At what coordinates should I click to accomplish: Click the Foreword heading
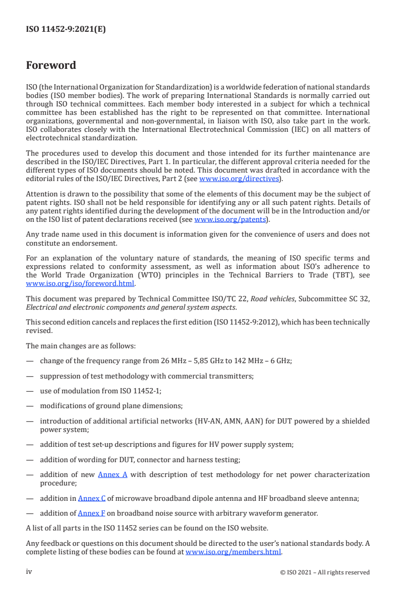[x=51, y=66]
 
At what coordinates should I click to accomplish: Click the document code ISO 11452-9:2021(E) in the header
[x=66, y=30]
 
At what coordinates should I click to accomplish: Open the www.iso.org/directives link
[x=239, y=178]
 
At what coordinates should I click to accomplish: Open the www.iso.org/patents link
[x=231, y=219]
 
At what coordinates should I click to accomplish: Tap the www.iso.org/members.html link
[x=234, y=551]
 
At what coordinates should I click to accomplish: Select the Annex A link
[x=113, y=474]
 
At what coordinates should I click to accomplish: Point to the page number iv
[x=30, y=572]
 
